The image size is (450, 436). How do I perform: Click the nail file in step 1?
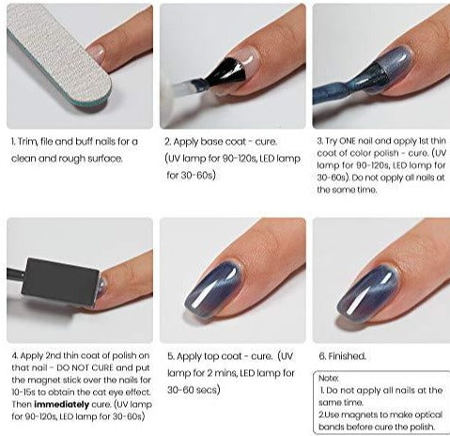[59, 56]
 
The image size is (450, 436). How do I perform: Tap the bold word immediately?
[61, 404]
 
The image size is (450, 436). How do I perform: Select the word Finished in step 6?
[347, 356]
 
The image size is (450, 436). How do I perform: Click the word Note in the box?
[328, 379]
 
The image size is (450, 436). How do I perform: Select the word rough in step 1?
[73, 159]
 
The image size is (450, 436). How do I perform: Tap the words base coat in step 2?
[223, 142]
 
